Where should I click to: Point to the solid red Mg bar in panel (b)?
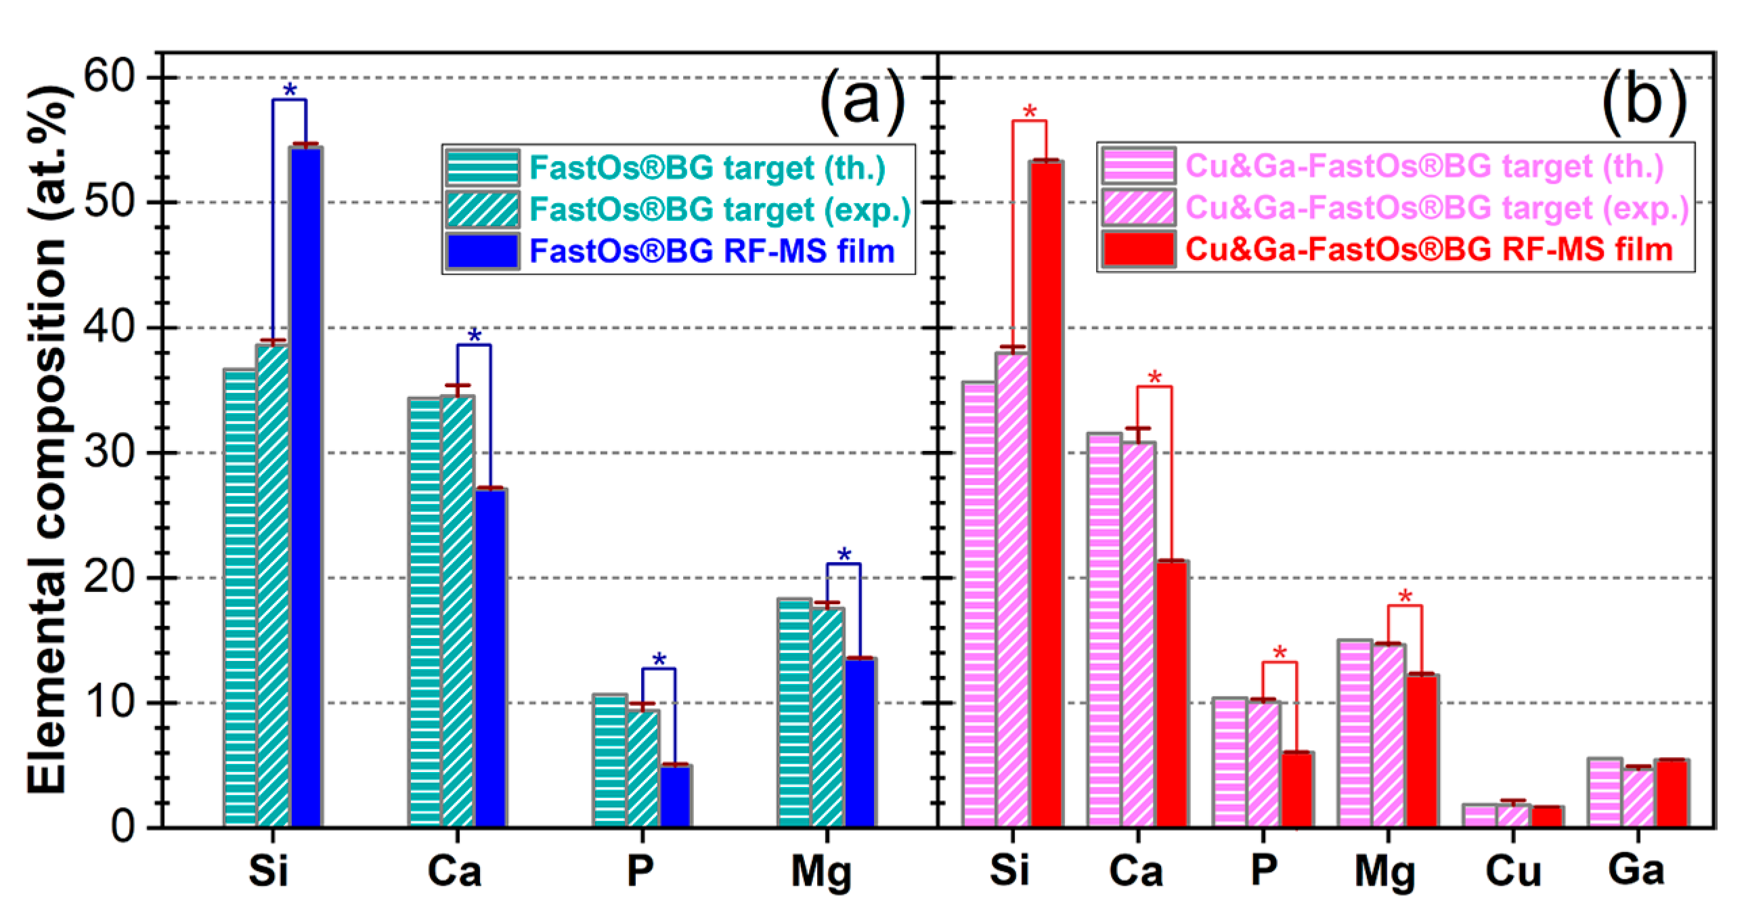[x=1422, y=750]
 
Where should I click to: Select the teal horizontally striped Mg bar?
[x=794, y=712]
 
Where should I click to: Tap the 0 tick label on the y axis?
[x=123, y=827]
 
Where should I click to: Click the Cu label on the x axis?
[x=1512, y=870]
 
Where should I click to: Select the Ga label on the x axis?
[x=1636, y=869]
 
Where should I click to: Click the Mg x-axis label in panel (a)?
[x=821, y=872]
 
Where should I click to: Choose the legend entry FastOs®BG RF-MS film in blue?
[x=711, y=251]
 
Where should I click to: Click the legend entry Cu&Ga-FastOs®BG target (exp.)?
[x=1437, y=208]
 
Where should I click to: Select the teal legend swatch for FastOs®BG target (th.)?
[x=483, y=168]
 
